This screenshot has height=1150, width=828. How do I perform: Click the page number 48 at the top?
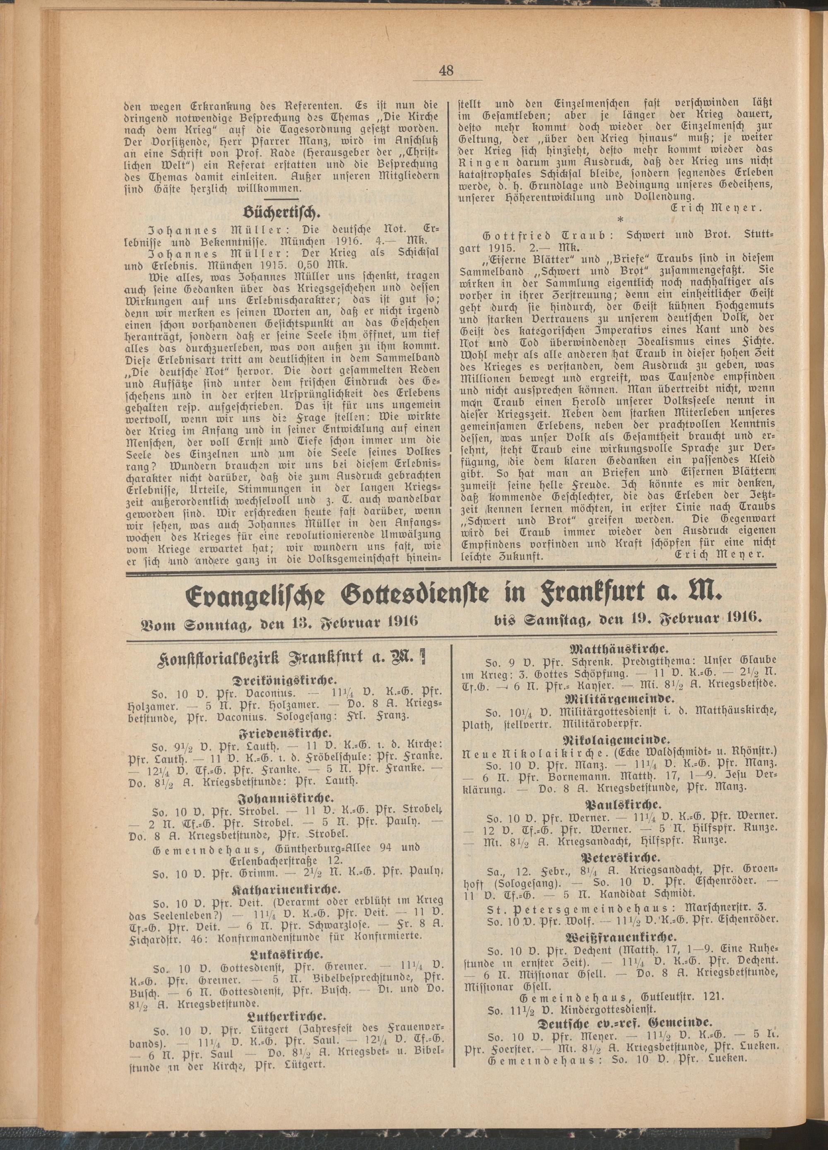447,70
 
